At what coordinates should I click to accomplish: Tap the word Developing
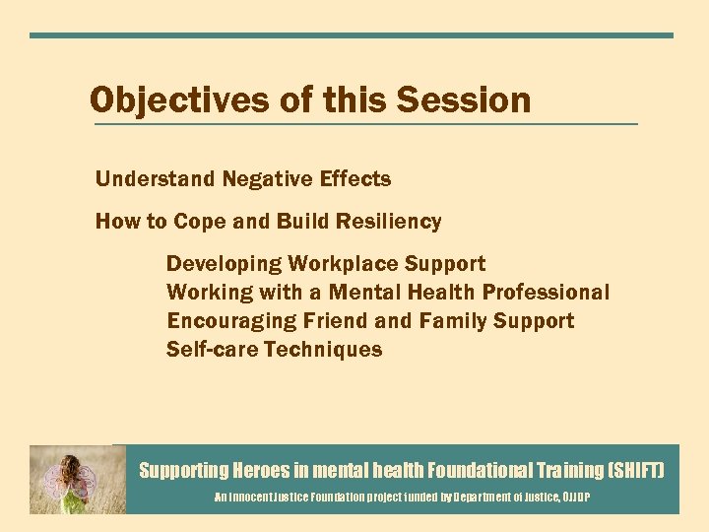(x=224, y=264)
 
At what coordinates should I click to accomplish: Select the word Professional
(x=546, y=293)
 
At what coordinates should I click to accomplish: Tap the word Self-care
(x=211, y=350)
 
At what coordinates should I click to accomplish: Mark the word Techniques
(x=323, y=350)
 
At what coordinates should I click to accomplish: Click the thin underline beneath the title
(x=364, y=124)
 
